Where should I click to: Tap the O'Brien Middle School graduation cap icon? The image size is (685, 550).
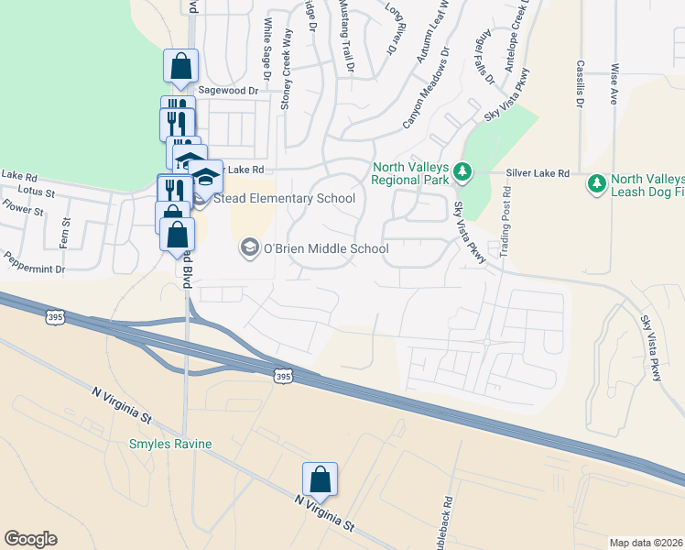(248, 247)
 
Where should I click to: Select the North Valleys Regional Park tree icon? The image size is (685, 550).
(462, 171)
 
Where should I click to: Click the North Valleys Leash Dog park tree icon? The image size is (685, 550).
(597, 184)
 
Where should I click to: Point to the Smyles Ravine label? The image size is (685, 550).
(169, 445)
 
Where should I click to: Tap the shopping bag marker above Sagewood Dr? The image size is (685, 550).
(180, 66)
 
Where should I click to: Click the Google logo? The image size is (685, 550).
(30, 539)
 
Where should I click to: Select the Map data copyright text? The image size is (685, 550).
(647, 543)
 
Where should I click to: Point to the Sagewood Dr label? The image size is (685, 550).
(229, 92)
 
